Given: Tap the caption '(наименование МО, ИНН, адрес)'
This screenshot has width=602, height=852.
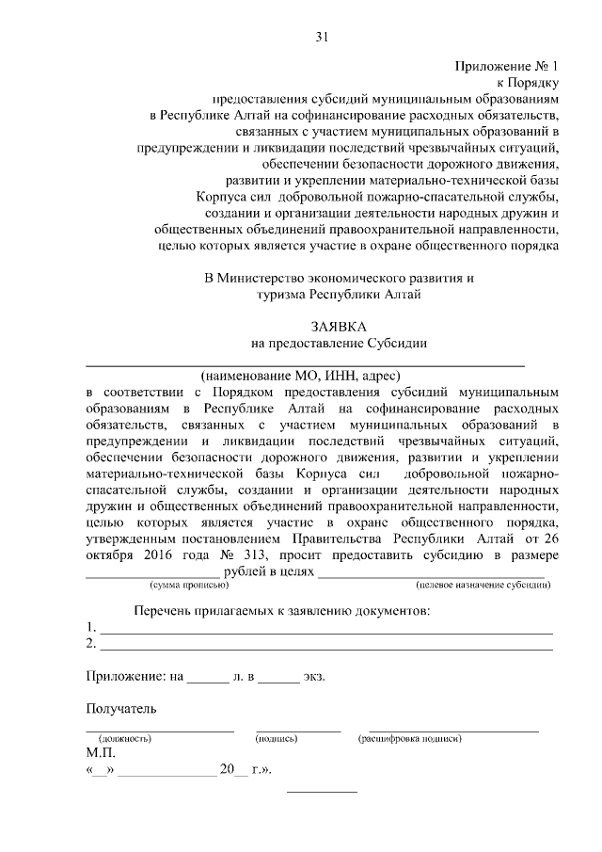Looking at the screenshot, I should [x=308, y=375].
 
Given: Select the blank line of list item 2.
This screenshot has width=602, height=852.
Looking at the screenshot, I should [x=325, y=647].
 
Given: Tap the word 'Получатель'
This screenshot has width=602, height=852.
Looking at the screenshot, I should [x=121, y=708].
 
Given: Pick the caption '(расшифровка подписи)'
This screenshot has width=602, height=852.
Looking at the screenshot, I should [x=410, y=739].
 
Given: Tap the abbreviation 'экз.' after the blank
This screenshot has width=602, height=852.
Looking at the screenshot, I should [x=313, y=676].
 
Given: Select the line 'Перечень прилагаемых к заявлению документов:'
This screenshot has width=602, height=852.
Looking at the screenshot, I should [x=281, y=611].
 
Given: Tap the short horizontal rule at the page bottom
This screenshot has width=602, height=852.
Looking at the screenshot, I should [x=322, y=790].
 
